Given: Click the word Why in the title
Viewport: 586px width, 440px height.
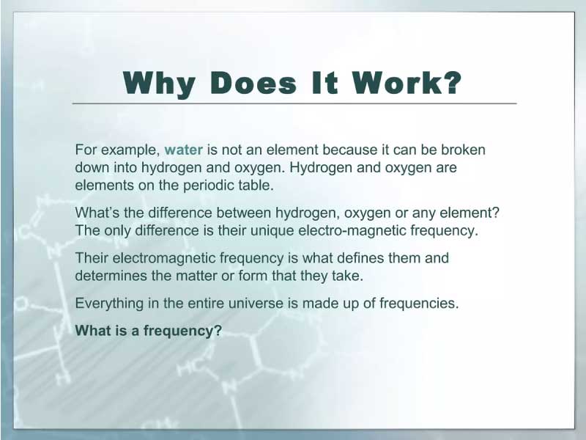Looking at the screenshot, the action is coord(159,84).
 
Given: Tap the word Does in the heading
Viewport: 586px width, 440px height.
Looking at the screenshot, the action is coord(253,82).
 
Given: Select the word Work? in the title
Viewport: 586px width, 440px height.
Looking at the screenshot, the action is coord(407,82).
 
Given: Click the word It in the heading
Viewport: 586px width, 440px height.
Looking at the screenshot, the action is coord(324,82).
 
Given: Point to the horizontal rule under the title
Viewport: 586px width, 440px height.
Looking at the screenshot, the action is coord(294,103).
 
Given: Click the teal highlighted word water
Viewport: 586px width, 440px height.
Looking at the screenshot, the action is coord(184,150).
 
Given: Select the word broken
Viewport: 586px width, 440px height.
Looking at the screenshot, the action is coord(463,150).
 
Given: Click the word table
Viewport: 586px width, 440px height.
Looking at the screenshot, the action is coord(256,185).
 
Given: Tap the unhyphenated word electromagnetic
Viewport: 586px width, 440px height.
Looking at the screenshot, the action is coord(163,259).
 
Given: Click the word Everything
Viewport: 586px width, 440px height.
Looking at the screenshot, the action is coord(109,304).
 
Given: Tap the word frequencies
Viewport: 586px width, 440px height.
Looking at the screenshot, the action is coord(419,304).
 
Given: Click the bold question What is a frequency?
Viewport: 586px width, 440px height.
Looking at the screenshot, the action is coord(149,331).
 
